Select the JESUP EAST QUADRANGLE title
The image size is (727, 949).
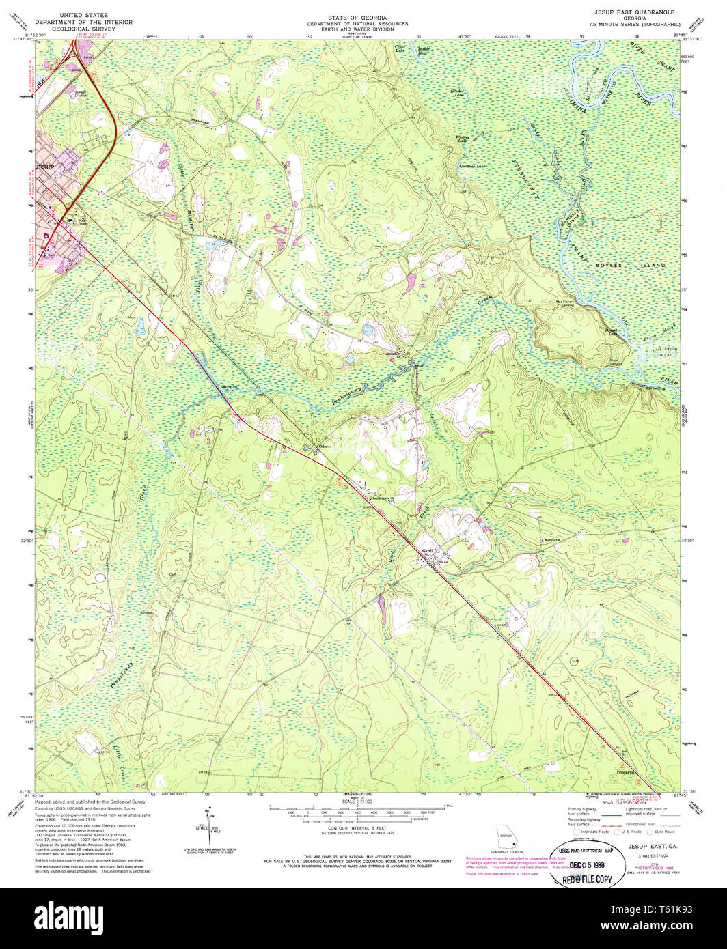click(634, 12)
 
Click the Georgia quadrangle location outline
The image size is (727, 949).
click(505, 836)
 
